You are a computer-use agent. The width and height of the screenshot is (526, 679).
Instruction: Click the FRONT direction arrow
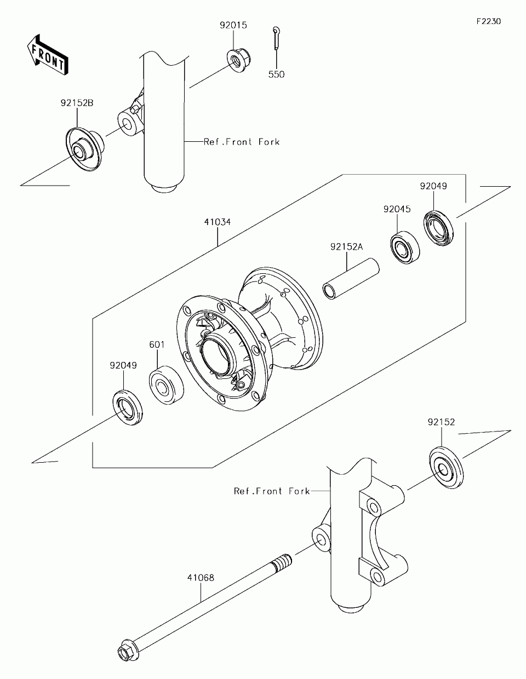coord(47,55)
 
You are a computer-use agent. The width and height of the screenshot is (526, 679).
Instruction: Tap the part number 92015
coord(233,25)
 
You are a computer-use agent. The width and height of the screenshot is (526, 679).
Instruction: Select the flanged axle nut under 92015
coord(239,61)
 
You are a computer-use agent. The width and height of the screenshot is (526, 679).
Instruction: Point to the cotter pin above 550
coord(277,38)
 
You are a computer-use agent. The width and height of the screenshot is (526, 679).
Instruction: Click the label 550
coord(277,74)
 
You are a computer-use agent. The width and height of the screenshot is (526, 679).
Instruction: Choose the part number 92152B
coord(77,103)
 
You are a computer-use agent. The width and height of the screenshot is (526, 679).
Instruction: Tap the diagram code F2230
coord(489,21)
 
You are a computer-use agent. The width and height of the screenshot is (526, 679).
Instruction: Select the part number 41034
coord(218,222)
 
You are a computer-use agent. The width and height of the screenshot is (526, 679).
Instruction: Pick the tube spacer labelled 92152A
coord(351,279)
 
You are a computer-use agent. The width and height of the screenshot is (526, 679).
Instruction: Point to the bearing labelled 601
coord(166,385)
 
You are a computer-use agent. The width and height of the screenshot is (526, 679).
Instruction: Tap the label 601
coord(157,344)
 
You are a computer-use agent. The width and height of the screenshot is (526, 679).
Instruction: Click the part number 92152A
coord(347,247)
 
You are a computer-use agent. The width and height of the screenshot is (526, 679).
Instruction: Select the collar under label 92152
coord(447,468)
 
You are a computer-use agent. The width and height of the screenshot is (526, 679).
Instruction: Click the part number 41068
coord(201,578)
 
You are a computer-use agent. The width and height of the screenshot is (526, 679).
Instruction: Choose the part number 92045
coord(397,209)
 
